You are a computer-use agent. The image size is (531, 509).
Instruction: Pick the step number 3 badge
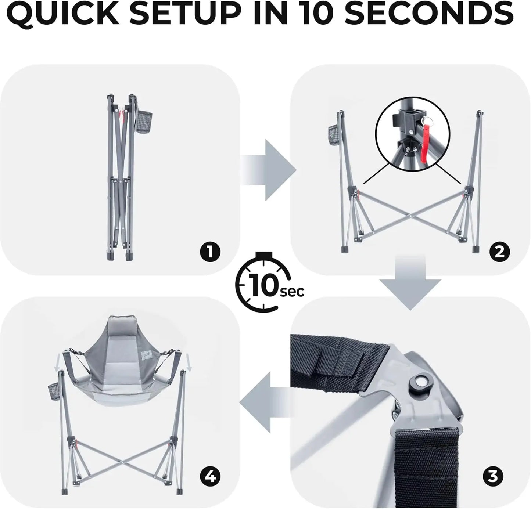pyautogui.click(x=492, y=477)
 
